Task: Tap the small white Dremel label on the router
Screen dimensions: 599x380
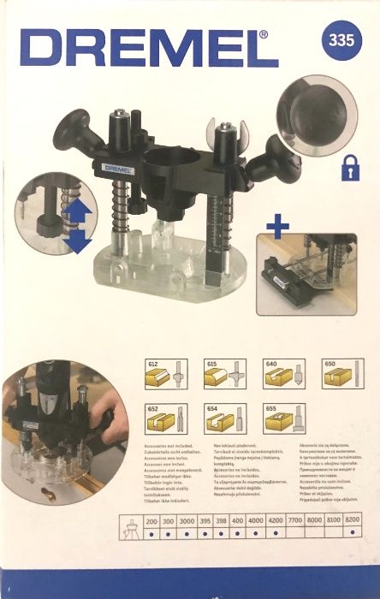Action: [116, 168]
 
